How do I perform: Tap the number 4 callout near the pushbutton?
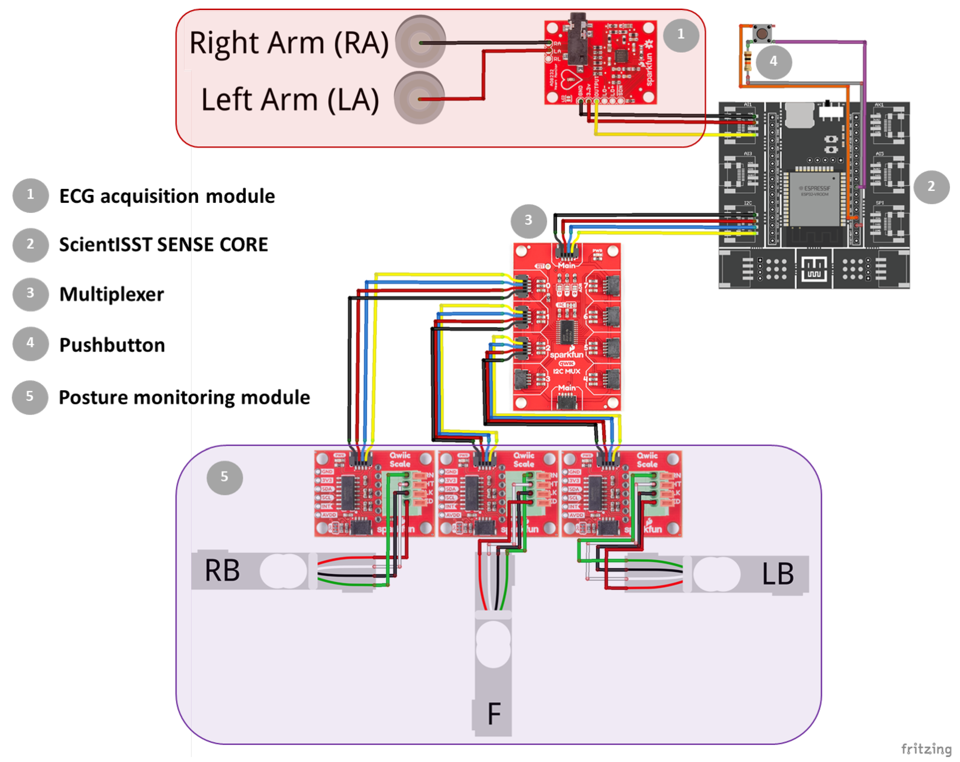pyautogui.click(x=773, y=61)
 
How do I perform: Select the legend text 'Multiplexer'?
pyautogui.click(x=111, y=294)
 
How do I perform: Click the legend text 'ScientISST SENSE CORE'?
pyautogui.click(x=164, y=244)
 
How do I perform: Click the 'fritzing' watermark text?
pyautogui.click(x=926, y=749)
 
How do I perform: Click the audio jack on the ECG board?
pyautogui.click(x=577, y=38)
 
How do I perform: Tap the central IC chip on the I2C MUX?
pyautogui.click(x=567, y=332)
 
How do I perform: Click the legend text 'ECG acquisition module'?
pyautogui.click(x=167, y=196)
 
